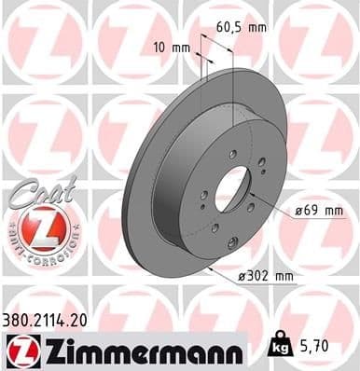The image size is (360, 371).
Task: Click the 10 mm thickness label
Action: [x=168, y=46]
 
